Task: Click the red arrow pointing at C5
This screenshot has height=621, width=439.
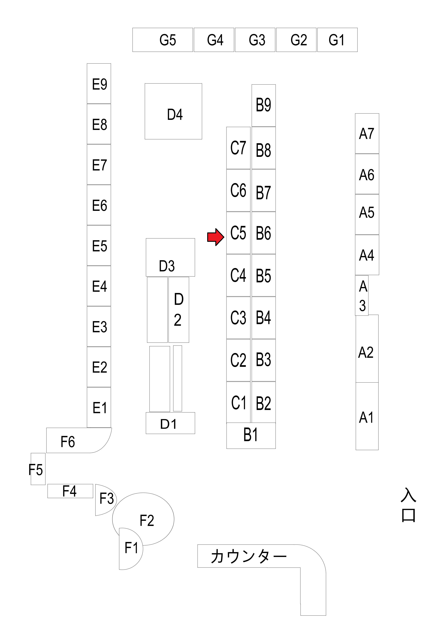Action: (216, 237)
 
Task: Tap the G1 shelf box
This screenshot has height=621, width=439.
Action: (337, 40)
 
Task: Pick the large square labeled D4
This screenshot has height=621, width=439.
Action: (173, 111)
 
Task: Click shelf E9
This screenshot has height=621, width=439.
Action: (99, 84)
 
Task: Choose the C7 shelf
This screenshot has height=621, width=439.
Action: (238, 148)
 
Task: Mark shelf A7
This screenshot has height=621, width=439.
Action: (367, 134)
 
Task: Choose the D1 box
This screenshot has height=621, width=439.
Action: (170, 423)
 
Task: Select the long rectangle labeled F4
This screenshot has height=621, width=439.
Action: (70, 491)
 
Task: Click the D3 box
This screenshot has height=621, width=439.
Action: (170, 258)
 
